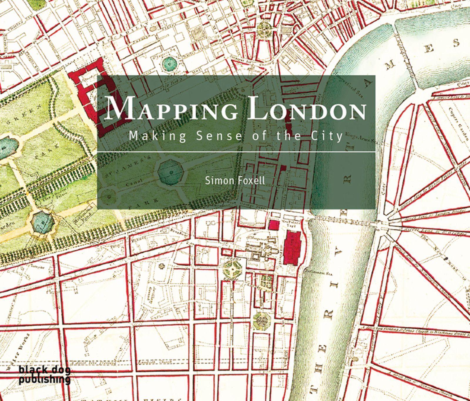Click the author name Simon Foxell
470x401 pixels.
[x=235, y=180]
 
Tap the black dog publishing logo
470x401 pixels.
[x=44, y=375]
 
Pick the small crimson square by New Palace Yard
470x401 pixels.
[x=274, y=225]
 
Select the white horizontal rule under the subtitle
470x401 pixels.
[x=236, y=152]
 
